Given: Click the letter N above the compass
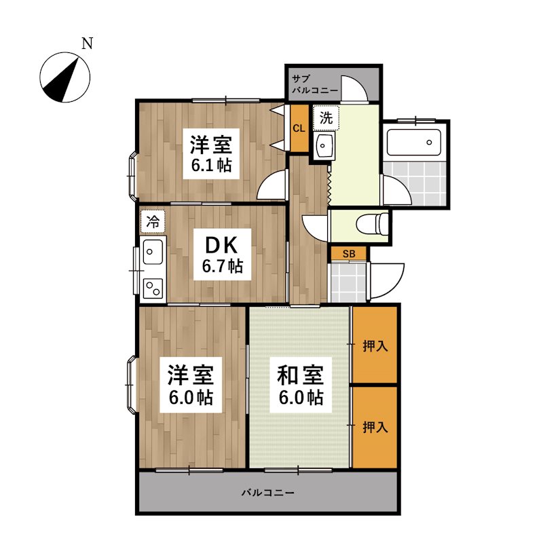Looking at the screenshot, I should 87,45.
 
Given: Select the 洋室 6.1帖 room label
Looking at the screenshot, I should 211,155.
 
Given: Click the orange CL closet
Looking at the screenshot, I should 299,128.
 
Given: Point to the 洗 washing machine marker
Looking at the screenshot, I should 326,117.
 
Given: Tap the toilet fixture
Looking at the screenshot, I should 373,222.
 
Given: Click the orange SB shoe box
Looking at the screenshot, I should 349,254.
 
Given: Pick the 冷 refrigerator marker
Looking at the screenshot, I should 153,220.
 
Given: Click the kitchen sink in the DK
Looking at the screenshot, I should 153,252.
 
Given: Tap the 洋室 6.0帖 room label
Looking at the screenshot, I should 191,386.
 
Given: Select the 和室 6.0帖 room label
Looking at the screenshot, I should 299,386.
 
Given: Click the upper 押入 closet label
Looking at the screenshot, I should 375,346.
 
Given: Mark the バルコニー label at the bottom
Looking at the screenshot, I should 268,491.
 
